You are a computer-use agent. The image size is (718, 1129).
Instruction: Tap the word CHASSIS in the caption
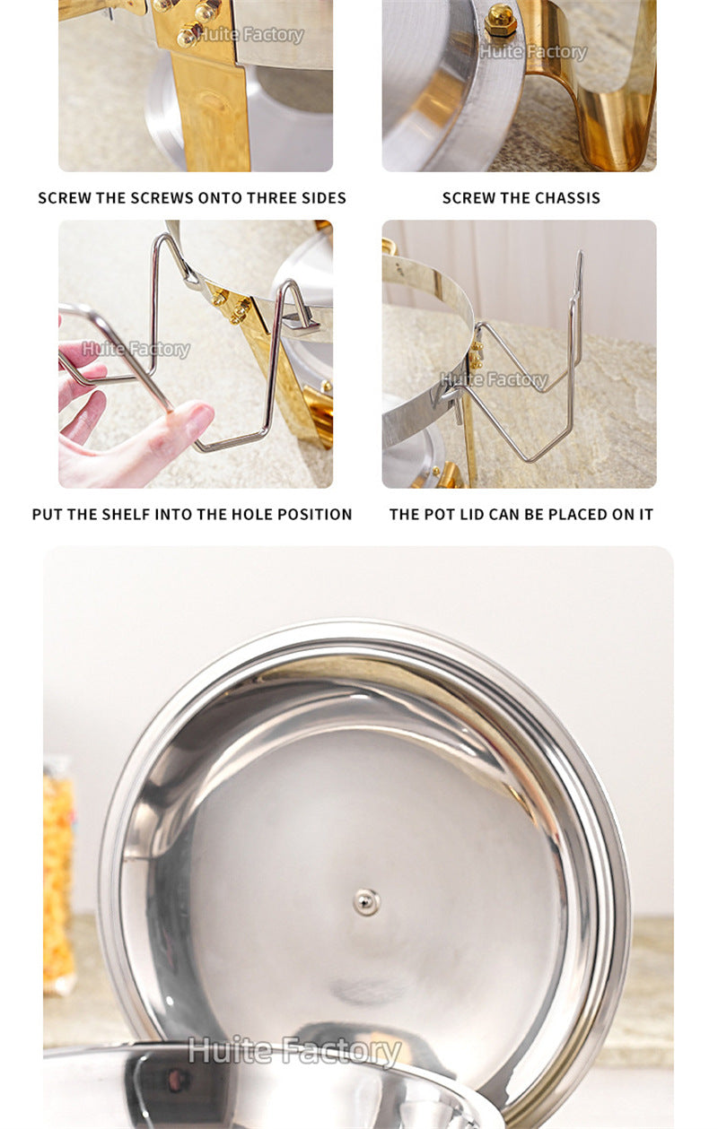coord(567,198)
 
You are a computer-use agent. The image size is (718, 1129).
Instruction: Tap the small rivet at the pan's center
coord(366,901)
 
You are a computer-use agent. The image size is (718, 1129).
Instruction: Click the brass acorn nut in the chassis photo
coord(501,20)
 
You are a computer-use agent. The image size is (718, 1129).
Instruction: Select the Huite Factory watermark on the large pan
coord(293,1052)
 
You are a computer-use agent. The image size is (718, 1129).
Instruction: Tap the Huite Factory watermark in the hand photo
coord(136,349)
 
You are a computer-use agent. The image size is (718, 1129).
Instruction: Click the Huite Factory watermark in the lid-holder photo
coord(493,380)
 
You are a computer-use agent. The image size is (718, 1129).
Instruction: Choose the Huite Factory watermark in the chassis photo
coord(533,52)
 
